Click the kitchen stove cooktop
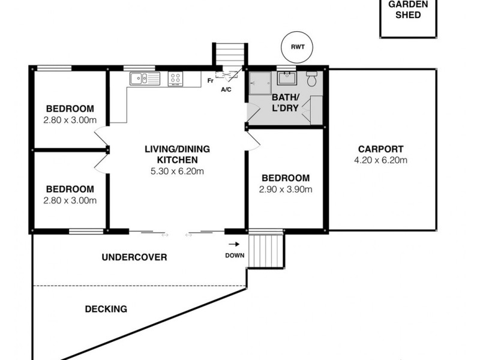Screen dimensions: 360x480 [176, 78]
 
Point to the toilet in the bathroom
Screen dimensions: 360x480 [312, 80]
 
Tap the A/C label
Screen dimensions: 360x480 [227, 90]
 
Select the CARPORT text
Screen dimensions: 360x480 [380, 149]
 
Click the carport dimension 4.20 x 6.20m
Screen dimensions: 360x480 [380, 160]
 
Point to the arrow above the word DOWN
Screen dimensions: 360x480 [234, 244]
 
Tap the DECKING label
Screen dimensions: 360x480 [106, 309]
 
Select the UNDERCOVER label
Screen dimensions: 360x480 [134, 257]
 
